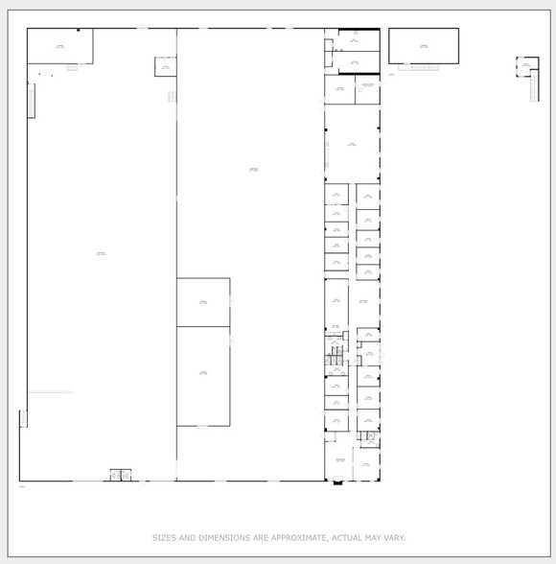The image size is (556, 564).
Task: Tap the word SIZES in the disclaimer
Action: [x=165, y=538]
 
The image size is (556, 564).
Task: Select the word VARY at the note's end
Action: [x=393, y=538]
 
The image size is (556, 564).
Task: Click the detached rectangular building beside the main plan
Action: [x=423, y=45]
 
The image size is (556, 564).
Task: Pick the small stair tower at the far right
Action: [x=526, y=67]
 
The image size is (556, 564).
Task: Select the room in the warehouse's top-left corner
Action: [x=59, y=45]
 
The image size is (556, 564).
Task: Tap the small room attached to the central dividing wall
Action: [x=165, y=67]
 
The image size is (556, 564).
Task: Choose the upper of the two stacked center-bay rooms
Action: [x=203, y=302]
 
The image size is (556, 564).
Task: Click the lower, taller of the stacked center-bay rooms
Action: [x=203, y=375]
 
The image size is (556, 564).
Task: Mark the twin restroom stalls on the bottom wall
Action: [x=120, y=475]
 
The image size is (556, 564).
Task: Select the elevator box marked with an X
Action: [x=371, y=436]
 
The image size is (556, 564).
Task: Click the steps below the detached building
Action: [x=418, y=67]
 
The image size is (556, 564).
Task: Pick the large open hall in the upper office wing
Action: [x=352, y=144]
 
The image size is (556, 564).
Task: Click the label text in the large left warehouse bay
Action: [x=101, y=253]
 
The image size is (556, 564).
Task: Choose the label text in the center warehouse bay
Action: [x=253, y=170]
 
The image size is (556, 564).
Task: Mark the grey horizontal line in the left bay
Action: [x=50, y=392]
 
